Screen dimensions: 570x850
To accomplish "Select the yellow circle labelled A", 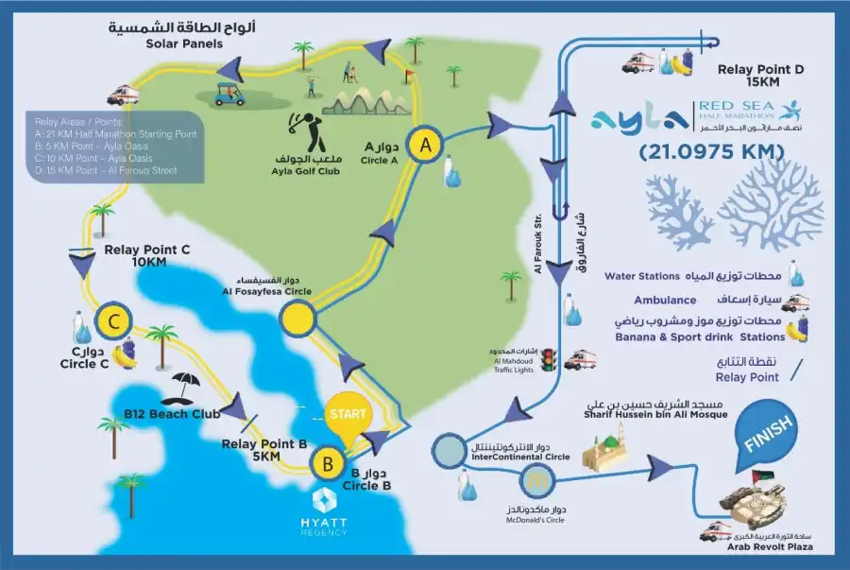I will click(x=426, y=145).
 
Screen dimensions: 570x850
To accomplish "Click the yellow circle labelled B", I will click(x=328, y=464).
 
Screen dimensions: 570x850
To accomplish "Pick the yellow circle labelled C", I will click(x=113, y=322).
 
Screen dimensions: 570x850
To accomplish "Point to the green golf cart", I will click(x=227, y=94).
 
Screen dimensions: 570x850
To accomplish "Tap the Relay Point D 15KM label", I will click(x=761, y=77).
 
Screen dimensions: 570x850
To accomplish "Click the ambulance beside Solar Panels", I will click(x=123, y=95).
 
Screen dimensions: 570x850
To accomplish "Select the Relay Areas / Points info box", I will click(x=115, y=147).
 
